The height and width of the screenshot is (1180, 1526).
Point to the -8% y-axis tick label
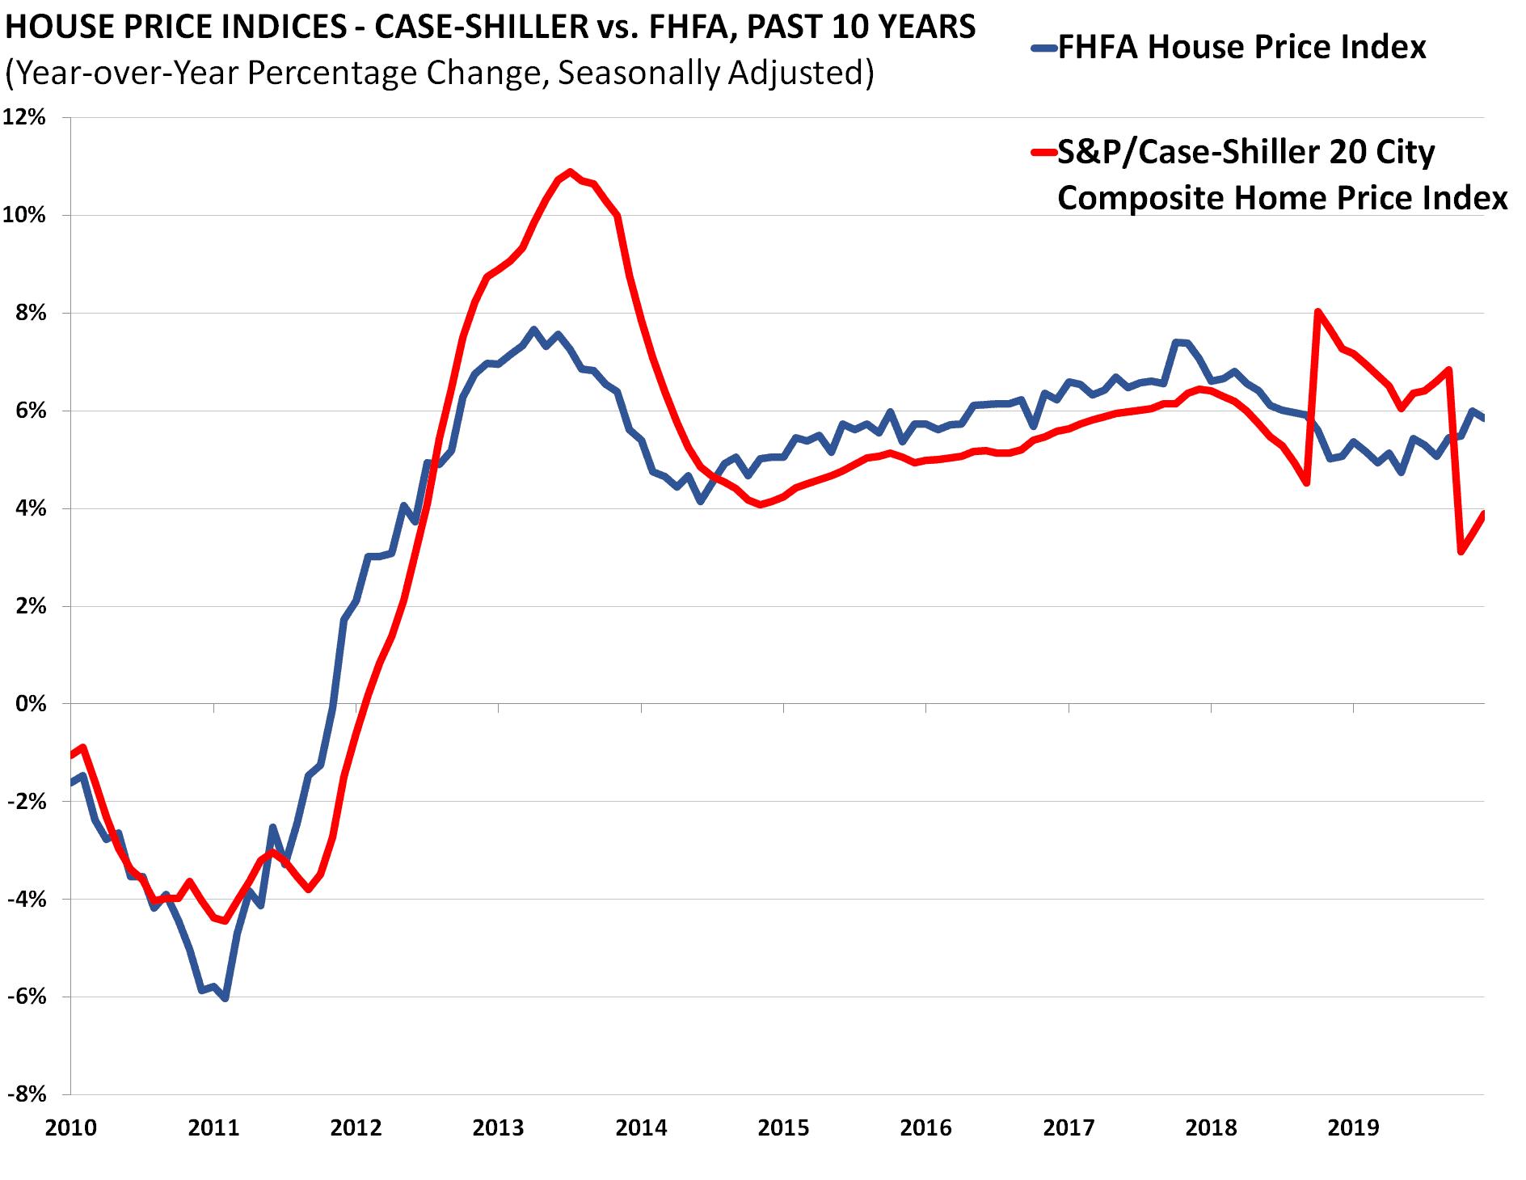(x=27, y=1094)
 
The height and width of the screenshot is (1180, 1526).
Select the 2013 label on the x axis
(x=498, y=1127)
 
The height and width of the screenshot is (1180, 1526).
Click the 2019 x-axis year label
(x=1353, y=1127)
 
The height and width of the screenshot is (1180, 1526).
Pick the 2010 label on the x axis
(x=71, y=1127)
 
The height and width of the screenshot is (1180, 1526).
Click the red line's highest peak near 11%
(x=570, y=171)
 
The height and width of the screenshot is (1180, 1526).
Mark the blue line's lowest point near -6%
(x=226, y=999)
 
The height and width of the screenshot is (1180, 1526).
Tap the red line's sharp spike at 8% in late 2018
(x=1318, y=311)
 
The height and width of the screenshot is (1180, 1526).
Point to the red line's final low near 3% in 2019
(x=1461, y=552)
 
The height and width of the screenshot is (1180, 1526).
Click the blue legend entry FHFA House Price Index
(x=1241, y=47)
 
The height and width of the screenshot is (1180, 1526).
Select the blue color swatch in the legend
(x=1044, y=48)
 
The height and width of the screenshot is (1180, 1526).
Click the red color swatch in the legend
(x=1044, y=152)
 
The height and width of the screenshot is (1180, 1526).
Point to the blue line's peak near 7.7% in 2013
(x=533, y=329)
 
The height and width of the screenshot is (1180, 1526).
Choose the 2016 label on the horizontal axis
(x=925, y=1127)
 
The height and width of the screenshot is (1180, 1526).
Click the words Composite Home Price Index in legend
(x=1282, y=198)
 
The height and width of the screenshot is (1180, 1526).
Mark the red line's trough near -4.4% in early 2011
(x=226, y=921)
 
